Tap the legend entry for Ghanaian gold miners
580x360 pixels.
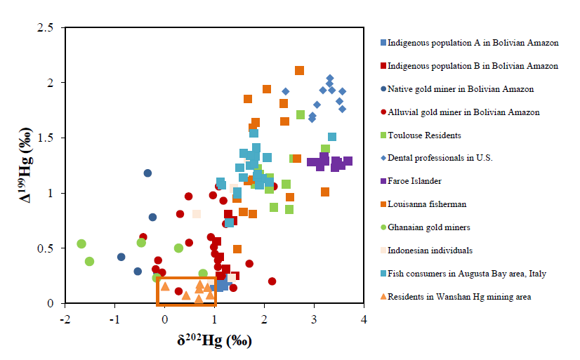coord(429,227)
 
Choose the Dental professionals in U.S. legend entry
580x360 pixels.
coord(440,158)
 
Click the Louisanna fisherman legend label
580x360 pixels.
coord(429,204)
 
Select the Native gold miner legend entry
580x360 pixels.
coord(460,89)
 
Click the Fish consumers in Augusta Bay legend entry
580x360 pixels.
coord(466,274)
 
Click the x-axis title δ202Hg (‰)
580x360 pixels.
coord(214,342)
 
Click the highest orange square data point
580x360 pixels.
coord(299,70)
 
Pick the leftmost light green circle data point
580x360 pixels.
coord(81,244)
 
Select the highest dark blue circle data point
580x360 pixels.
coord(148,173)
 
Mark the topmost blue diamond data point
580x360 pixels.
coord(330,79)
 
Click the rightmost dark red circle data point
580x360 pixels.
coord(272,281)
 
